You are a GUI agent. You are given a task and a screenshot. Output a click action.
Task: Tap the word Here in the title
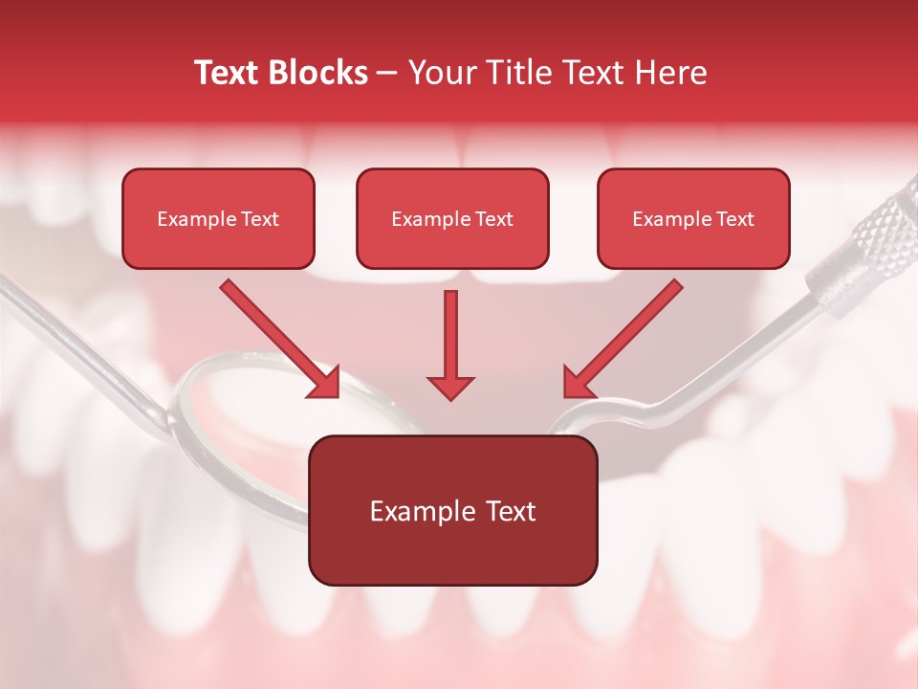[669, 73]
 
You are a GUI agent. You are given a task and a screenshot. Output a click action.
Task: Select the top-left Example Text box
[218, 219]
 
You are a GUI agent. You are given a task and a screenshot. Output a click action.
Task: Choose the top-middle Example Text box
[452, 219]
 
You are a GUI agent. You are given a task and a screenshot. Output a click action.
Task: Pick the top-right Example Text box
[693, 219]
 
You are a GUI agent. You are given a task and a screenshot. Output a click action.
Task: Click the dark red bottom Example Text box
[452, 511]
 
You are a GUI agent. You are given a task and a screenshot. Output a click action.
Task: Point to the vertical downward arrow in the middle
[450, 335]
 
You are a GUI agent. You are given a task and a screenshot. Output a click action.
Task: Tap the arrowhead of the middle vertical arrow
[450, 387]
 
